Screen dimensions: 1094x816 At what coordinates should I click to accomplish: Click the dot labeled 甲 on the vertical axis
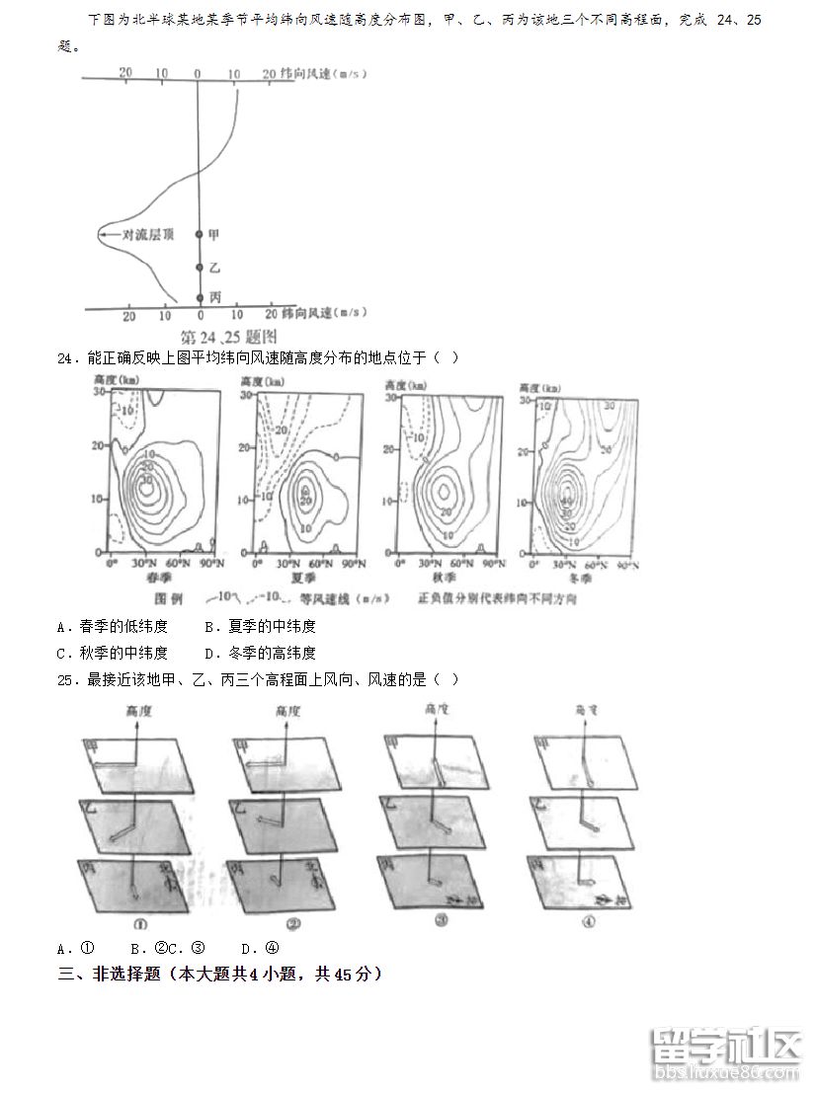[200, 234]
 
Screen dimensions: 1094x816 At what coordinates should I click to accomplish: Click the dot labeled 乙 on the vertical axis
[200, 268]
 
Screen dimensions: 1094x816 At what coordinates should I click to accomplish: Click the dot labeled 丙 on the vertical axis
[200, 297]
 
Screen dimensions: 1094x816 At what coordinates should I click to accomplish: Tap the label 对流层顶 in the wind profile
[147, 234]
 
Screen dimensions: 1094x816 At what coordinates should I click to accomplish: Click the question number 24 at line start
[67, 357]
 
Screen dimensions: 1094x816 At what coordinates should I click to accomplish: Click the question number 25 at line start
[67, 679]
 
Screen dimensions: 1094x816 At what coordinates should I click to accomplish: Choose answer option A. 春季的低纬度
[113, 626]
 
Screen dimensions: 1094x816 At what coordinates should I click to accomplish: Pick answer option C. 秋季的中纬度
[113, 653]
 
